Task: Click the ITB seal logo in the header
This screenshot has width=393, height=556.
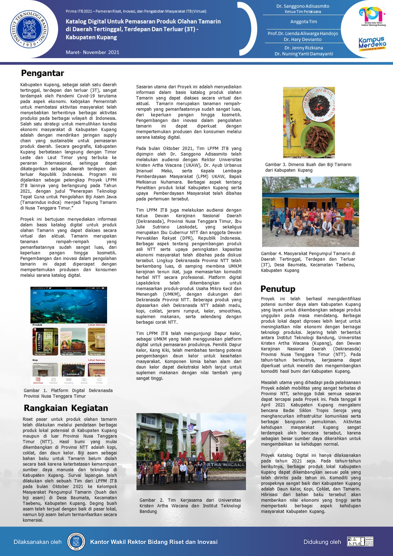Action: [x=29, y=29]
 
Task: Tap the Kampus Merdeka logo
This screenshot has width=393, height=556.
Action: [x=372, y=44]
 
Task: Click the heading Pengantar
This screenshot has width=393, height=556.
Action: [x=42, y=73]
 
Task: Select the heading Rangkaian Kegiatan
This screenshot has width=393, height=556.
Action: [x=66, y=408]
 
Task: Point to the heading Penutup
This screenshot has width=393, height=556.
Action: [x=278, y=289]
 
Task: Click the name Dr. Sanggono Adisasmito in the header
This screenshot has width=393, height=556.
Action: [x=303, y=6]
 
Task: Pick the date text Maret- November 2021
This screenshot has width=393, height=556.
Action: [x=92, y=52]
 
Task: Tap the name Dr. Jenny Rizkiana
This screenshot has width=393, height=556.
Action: [x=303, y=48]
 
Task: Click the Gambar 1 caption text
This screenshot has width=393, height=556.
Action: [x=68, y=393]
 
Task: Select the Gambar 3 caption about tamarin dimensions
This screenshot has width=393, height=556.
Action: [x=308, y=167]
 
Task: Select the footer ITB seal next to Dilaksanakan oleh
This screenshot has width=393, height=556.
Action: [x=76, y=542]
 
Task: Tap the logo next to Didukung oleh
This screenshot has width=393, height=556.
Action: [x=360, y=542]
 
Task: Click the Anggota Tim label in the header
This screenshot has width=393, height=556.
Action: [x=303, y=22]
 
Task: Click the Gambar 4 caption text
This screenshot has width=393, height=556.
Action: [x=308, y=262]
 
